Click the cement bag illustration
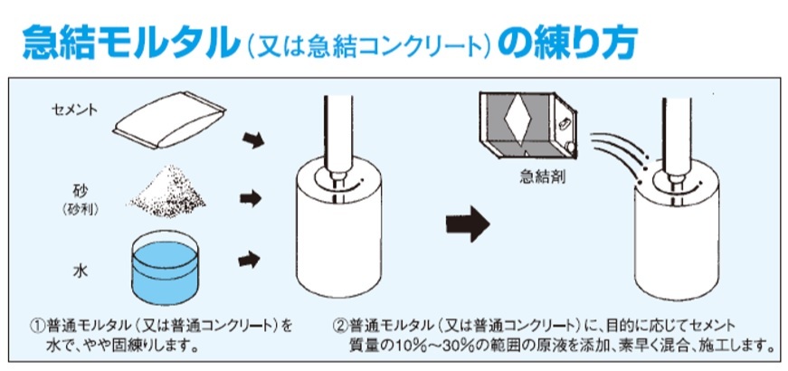[169, 120]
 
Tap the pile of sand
[168, 194]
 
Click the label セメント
[75, 109]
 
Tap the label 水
[81, 272]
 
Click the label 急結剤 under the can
[542, 177]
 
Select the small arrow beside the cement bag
[252, 140]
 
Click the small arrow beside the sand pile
[251, 198]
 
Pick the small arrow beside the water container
[250, 260]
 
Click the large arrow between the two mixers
[468, 224]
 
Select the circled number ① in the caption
[38, 326]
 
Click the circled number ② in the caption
[340, 326]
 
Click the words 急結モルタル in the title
[129, 43]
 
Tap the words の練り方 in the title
[568, 43]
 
